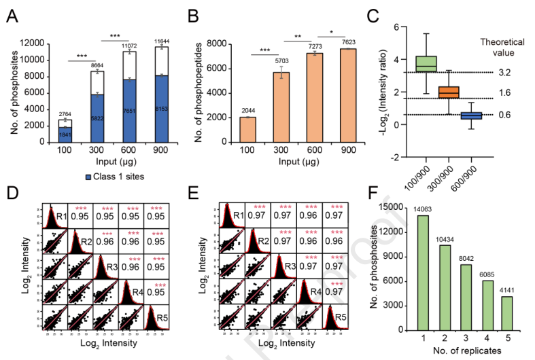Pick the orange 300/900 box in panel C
tap(430, 92)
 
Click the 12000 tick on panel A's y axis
tap(36, 44)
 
